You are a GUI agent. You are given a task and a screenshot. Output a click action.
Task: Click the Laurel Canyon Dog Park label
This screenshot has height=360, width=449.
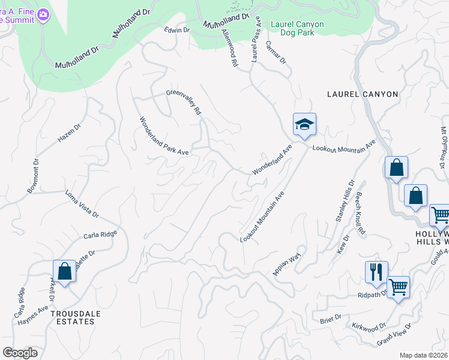(x=297, y=29)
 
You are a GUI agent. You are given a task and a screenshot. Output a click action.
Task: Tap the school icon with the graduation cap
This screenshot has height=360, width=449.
(x=304, y=125)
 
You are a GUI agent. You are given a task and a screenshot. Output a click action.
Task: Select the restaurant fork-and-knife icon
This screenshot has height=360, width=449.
(x=376, y=272)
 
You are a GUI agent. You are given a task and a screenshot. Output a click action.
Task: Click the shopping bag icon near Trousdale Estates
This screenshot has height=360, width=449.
(x=64, y=271)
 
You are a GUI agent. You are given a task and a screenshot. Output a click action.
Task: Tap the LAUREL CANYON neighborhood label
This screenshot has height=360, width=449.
(x=363, y=94)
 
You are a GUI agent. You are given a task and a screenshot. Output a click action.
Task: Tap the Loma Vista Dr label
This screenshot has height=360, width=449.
(x=82, y=204)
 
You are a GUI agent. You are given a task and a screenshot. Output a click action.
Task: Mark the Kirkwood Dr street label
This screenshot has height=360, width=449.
(x=369, y=327)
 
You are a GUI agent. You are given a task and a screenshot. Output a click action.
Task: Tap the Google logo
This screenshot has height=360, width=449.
(x=20, y=353)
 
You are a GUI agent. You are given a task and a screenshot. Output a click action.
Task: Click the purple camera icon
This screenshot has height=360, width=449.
(x=43, y=15)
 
